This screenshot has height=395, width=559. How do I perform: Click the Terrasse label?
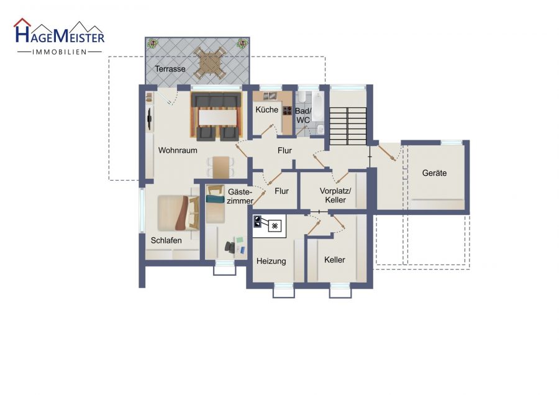(x=170, y=69)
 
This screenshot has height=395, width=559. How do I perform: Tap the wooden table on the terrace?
(x=210, y=64)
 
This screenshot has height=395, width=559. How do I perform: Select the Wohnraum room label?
(x=178, y=150)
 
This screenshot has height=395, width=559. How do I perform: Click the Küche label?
(x=266, y=109)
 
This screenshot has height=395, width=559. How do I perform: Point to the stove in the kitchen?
(x=287, y=111)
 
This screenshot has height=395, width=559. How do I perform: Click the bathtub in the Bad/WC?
(x=317, y=106)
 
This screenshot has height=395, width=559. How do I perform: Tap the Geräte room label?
(x=434, y=173)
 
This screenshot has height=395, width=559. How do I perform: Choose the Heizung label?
(x=271, y=261)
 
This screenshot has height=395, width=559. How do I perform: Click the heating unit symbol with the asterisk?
(x=275, y=225)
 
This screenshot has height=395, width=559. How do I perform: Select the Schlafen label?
(x=166, y=240)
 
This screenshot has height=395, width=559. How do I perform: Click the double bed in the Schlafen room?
(x=178, y=213)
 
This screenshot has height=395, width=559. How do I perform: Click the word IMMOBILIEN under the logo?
(x=60, y=52)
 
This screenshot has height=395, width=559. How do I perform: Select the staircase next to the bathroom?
(x=348, y=126)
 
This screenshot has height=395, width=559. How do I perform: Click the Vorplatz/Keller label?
(x=335, y=196)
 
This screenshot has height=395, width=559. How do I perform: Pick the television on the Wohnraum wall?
(x=150, y=118)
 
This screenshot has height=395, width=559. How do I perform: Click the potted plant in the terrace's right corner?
(x=242, y=44)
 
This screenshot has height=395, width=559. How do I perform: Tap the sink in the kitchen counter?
(x=270, y=95)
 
